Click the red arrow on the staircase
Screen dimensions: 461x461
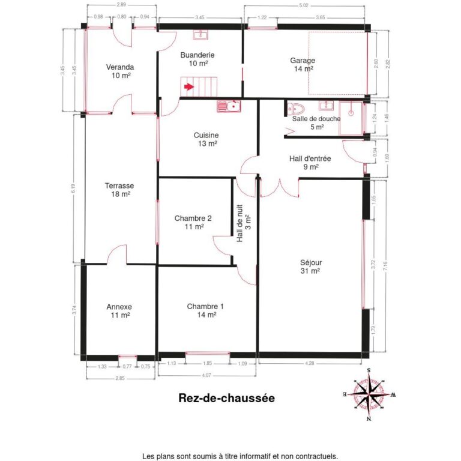click(189, 87)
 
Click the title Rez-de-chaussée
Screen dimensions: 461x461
click(226, 397)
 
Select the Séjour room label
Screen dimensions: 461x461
click(311, 267)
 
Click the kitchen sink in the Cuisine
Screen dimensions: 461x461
click(229, 106)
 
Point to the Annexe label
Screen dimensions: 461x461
click(119, 310)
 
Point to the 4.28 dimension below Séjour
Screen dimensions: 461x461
click(310, 363)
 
